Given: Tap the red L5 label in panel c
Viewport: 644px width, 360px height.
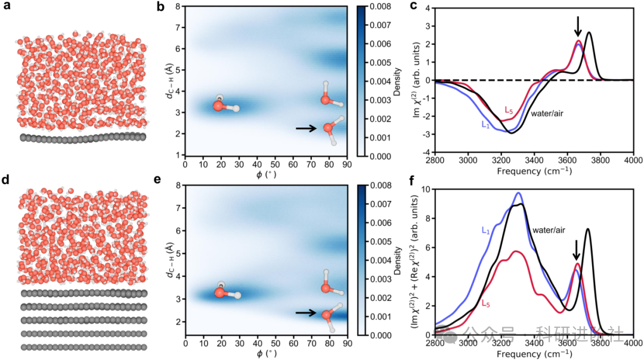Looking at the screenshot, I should click(509, 110).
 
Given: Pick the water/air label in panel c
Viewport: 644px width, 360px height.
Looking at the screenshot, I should click(548, 112).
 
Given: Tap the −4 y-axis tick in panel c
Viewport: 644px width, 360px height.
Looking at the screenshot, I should click(427, 153).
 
